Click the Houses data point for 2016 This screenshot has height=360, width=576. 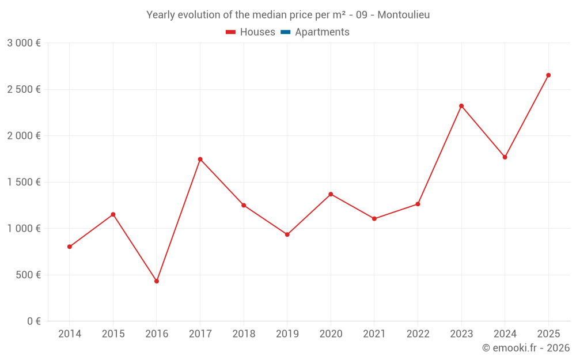pos(157,281)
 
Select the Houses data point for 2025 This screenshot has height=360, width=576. pos(548,75)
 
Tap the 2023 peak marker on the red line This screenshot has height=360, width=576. pos(461,106)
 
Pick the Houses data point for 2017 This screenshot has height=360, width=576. pos(200,159)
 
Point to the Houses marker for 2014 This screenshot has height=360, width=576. pos(70,247)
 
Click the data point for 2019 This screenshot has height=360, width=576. pos(287,234)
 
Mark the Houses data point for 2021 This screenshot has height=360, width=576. pos(374,219)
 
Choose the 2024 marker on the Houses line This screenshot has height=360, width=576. pos(505,157)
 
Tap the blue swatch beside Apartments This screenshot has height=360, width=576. pos(285,32)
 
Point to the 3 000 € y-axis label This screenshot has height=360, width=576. pos(24,43)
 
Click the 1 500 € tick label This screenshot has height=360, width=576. pos(24,182)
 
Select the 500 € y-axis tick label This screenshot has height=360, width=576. pos(28,275)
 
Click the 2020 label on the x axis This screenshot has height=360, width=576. pos(331,334)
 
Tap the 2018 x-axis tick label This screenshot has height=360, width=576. pos(244,334)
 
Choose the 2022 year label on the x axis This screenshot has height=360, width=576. pos(418,334)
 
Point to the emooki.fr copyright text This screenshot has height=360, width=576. pos(525,348)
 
